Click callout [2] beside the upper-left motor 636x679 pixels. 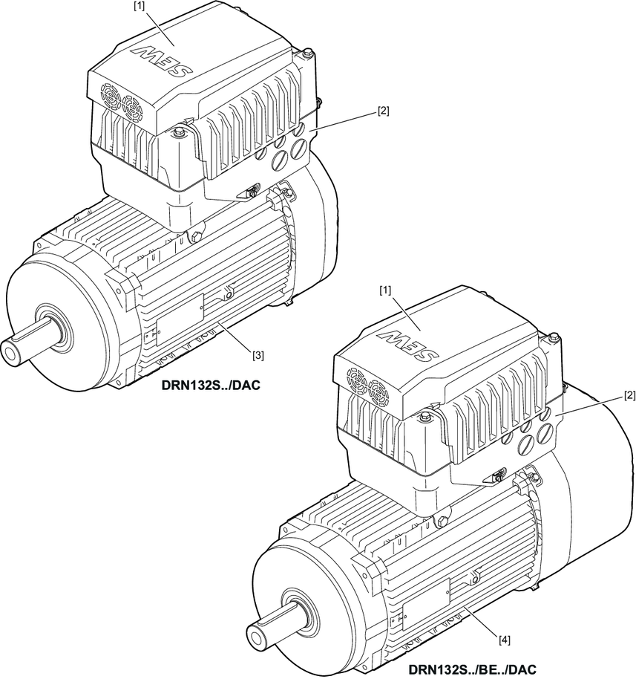coord(383,111)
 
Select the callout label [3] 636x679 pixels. coord(258,355)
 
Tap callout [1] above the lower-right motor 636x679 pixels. coord(385,289)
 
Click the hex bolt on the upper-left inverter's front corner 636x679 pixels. coord(180,134)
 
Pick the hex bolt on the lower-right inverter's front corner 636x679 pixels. coord(426,418)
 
